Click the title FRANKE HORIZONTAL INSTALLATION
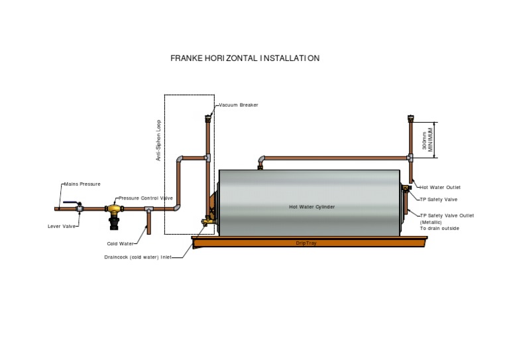(x=245, y=58)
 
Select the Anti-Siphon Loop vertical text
(x=158, y=141)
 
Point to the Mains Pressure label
(x=82, y=184)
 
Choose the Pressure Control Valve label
(x=146, y=198)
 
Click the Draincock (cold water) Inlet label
(x=142, y=257)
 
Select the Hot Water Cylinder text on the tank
(x=311, y=207)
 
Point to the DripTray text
(x=306, y=243)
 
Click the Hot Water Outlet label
(x=440, y=188)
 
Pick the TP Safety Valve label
(x=438, y=199)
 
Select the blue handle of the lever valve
(x=70, y=205)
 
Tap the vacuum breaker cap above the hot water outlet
(x=411, y=119)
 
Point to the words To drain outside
(x=439, y=228)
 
